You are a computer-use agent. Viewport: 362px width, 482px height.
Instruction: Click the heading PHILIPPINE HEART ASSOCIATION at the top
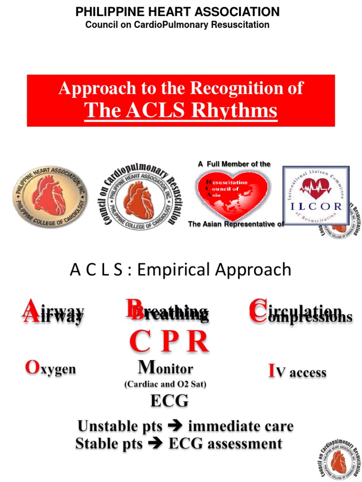(x=178, y=12)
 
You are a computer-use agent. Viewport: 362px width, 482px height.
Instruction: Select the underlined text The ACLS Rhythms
(x=181, y=111)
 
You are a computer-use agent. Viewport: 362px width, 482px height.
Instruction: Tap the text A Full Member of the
(x=234, y=164)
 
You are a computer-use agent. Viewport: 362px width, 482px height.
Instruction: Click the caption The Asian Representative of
(x=236, y=224)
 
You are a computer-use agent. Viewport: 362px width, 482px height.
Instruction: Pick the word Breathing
(x=167, y=312)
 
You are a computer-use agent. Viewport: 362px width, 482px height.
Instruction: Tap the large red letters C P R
(x=169, y=342)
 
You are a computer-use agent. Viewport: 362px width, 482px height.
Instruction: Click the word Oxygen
(x=50, y=369)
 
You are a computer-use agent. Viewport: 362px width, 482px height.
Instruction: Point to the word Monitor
(x=165, y=367)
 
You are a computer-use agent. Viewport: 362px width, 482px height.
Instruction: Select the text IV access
(x=297, y=372)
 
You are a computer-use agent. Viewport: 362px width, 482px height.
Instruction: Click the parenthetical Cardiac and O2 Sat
(x=165, y=384)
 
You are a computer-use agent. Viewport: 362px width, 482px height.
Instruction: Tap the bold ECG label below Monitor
(x=169, y=401)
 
